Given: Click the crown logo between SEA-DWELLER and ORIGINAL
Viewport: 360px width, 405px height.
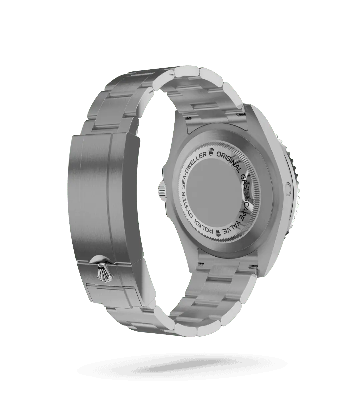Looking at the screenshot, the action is [x=212, y=152].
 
